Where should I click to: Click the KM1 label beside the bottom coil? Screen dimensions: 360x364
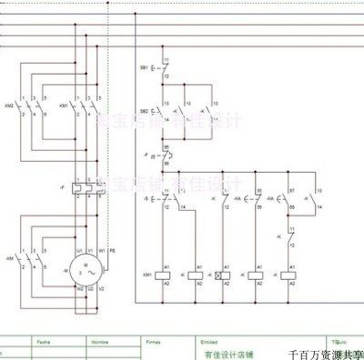(147, 275)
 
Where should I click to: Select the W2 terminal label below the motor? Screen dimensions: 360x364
(79, 290)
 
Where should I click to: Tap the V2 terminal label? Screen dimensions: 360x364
(101, 290)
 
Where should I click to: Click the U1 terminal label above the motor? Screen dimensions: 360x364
(79, 251)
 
